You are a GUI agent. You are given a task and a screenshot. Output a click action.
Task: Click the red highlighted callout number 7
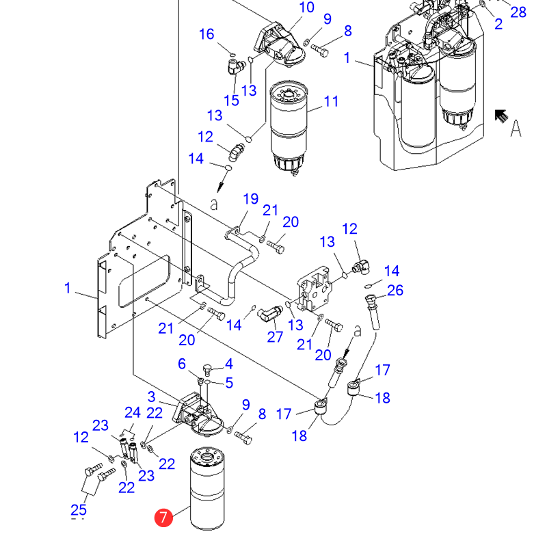(x=163, y=518)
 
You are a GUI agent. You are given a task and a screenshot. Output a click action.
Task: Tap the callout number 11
(x=331, y=101)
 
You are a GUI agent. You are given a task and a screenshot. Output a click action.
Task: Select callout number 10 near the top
(x=306, y=8)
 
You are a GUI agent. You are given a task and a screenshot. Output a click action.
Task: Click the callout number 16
(x=206, y=34)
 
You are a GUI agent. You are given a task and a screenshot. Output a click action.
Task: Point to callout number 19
(x=250, y=199)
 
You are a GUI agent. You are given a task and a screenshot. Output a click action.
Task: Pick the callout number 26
(x=395, y=290)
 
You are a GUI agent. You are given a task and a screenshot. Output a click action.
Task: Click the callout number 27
(x=275, y=337)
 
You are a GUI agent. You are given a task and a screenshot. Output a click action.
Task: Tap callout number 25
(x=79, y=510)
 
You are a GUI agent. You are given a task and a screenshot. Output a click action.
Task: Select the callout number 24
(x=133, y=413)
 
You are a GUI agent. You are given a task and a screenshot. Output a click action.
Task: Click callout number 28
(x=518, y=12)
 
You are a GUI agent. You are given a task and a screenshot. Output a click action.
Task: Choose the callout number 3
(x=151, y=397)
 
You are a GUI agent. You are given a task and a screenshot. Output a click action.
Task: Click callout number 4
(x=229, y=364)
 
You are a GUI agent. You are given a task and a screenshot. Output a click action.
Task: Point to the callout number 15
(x=231, y=101)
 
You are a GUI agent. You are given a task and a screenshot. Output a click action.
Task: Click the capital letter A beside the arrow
(x=516, y=128)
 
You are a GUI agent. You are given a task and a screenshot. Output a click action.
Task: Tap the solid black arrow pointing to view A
(x=501, y=116)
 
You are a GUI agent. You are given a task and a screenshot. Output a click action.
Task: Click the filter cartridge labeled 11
(x=289, y=128)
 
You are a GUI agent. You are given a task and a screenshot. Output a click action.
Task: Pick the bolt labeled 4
(x=207, y=370)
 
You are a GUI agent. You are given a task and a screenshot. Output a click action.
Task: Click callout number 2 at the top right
(x=498, y=24)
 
